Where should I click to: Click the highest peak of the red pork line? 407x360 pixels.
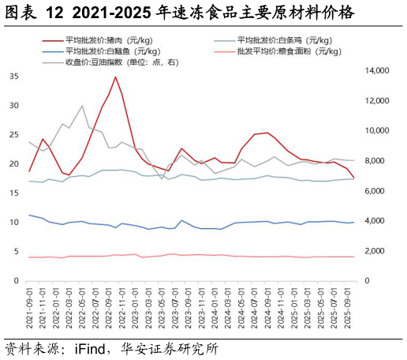(x=116, y=77)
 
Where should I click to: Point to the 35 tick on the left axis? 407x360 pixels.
(x=14, y=77)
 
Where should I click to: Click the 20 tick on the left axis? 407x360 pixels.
(x=14, y=164)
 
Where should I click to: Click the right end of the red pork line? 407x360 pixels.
(x=354, y=178)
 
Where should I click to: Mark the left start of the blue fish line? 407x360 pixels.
(x=29, y=215)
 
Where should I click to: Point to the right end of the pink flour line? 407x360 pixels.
(x=354, y=257)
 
